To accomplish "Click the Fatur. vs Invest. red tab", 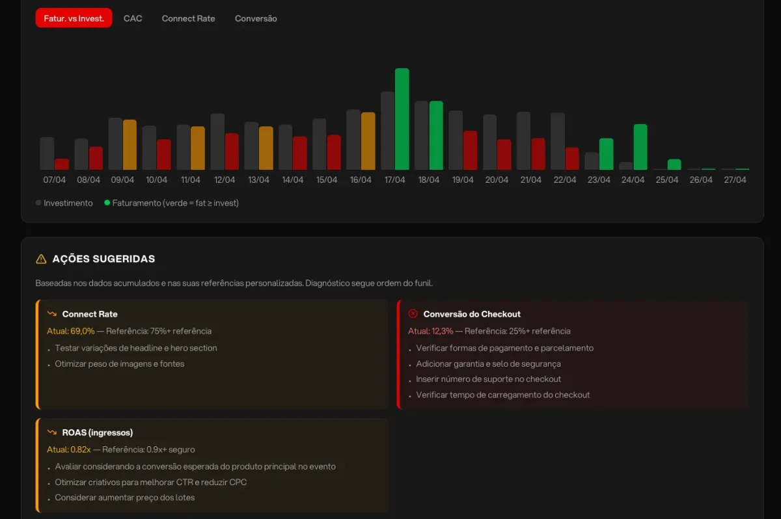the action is coord(74,18).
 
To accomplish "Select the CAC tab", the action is coord(133,18).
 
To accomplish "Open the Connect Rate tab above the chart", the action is coord(188,18).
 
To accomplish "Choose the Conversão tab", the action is coord(256,18).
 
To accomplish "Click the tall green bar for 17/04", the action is coord(402,119).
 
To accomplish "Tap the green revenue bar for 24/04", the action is coord(640,147).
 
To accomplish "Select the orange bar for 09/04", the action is coord(130,145).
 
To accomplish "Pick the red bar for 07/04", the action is coord(62,165).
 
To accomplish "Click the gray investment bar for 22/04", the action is coord(558,141).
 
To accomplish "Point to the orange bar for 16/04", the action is coord(368,141).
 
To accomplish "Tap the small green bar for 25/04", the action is coord(674,165).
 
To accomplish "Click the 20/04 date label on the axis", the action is coord(497,180).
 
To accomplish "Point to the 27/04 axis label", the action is coord(735,180).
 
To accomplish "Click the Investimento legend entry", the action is coord(64,203).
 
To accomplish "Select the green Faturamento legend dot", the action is coord(107,203).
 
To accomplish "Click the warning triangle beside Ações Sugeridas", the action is coord(41,259).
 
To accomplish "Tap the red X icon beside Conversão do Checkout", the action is coord(413,314).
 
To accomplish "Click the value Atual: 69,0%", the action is coord(71,331).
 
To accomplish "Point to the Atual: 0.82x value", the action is coord(69,449).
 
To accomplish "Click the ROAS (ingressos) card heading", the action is coord(97,432).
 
